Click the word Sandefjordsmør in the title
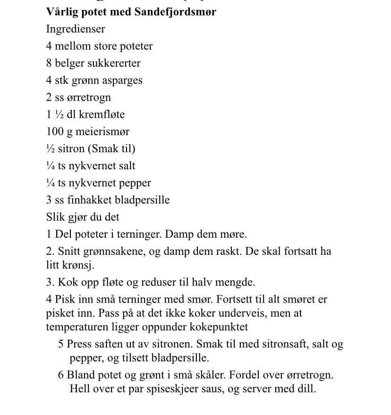click(x=175, y=12)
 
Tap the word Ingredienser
click(x=76, y=29)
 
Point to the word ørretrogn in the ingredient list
click(x=89, y=98)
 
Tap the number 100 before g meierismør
click(x=55, y=131)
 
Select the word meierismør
click(x=102, y=131)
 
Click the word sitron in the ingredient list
click(x=71, y=148)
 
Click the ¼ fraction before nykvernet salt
click(x=50, y=165)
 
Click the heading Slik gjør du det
click(x=83, y=217)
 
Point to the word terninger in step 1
click(x=123, y=234)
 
